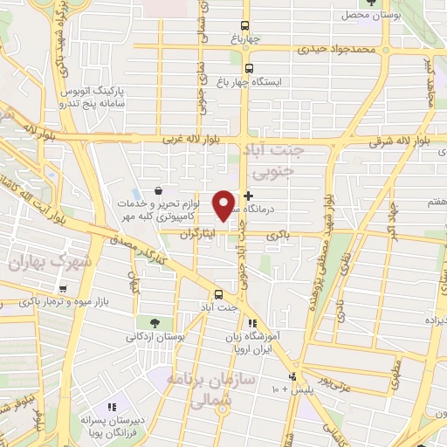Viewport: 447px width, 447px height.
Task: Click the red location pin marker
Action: (224, 205)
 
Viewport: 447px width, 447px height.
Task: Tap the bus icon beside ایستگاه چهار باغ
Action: (249, 68)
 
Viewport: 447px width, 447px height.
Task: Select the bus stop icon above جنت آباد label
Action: (218, 294)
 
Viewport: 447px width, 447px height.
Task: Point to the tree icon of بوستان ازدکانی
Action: (154, 322)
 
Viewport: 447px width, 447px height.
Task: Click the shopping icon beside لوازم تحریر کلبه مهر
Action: (157, 190)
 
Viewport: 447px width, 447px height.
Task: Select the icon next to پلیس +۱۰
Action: (293, 377)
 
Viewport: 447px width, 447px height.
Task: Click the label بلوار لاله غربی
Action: (186, 140)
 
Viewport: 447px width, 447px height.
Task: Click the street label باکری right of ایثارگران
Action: (278, 236)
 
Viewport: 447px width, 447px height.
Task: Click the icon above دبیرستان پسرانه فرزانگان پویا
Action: (111, 406)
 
